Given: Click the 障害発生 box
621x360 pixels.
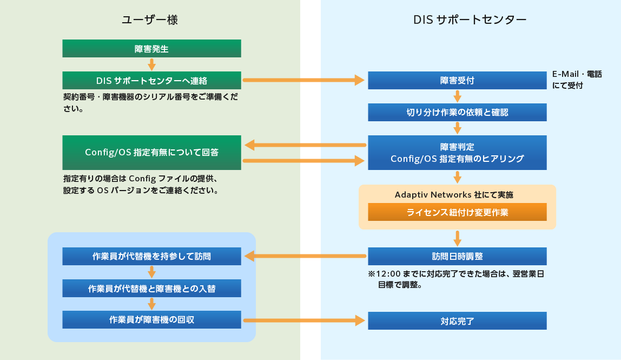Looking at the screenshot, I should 151,49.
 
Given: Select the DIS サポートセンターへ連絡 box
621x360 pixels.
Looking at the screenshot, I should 151,81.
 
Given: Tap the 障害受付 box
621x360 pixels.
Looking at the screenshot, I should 457,81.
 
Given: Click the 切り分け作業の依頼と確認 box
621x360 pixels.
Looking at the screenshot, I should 457,113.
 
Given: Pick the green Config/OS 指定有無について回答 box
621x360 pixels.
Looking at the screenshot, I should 151,152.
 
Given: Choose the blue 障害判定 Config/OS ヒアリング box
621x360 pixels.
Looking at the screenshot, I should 457,152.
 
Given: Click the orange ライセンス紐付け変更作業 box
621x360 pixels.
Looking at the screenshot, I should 457,212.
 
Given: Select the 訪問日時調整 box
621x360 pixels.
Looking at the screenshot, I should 457,256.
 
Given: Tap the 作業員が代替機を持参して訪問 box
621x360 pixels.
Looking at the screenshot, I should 151,256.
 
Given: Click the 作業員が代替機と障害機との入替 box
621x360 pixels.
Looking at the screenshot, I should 151,289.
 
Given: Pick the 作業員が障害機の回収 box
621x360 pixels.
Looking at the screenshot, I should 151,320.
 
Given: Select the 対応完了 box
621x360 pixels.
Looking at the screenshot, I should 457,321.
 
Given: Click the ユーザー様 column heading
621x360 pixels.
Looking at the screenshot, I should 150,21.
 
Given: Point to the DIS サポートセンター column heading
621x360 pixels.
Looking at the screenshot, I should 470,21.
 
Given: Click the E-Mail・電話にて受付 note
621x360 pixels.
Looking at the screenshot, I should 577,80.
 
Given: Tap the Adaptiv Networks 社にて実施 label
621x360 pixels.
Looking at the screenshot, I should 457,194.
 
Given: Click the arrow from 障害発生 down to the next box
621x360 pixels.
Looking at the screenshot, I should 151,64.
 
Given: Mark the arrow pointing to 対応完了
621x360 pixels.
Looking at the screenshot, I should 306,320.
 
